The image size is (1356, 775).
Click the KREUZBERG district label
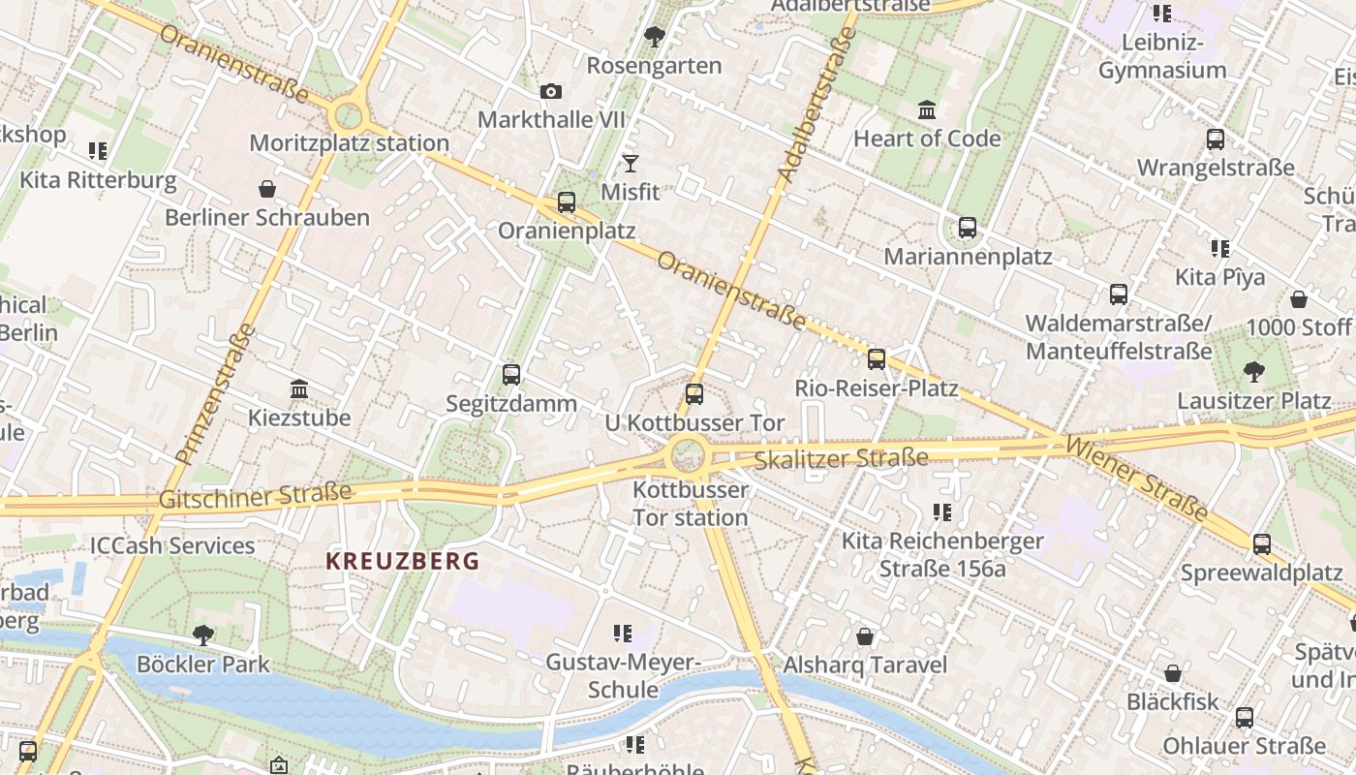pos(402,561)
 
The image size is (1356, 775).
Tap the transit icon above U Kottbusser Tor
pos(693,393)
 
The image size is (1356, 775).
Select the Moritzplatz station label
pos(349,143)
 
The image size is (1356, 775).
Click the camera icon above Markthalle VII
pos(550,92)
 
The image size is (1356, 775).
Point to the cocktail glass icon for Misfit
pos(631,164)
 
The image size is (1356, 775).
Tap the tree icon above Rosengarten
pos(654,38)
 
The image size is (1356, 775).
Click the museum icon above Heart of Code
pos(927,110)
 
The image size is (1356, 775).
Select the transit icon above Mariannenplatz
pos(967,229)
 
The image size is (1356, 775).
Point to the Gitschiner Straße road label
pos(255,496)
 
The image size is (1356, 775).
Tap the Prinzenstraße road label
pos(216,393)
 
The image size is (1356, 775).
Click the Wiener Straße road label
pos(1136,478)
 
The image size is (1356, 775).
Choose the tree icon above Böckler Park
pos(203,635)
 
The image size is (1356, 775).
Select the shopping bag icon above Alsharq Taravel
pos(864,636)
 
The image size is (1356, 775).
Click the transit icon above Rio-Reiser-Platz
pos(877,359)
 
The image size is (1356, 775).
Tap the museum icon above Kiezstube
pos(299,389)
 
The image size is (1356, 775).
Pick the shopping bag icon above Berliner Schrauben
pos(266,189)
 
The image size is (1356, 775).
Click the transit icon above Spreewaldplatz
pos(1261,544)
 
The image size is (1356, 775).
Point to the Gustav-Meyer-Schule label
pos(623,676)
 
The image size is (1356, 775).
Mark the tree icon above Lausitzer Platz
pos(1253,371)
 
